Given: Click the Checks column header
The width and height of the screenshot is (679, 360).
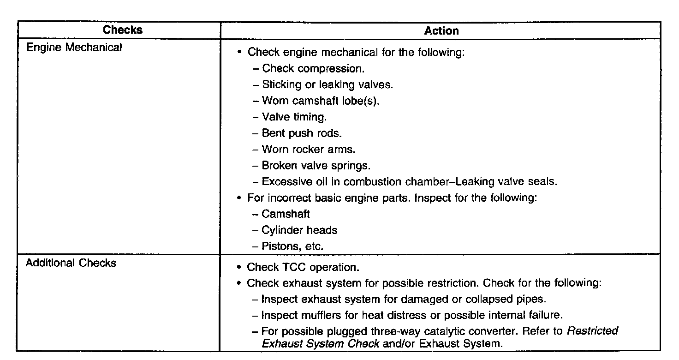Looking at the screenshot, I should point(123,30).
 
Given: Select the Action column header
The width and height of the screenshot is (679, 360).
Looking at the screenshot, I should point(441,31).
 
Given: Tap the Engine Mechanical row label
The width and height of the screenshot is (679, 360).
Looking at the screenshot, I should point(74,48).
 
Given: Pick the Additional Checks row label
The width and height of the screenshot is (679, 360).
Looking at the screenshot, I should point(71,264).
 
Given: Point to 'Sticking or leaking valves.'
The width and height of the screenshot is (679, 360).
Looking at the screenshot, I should point(327,84).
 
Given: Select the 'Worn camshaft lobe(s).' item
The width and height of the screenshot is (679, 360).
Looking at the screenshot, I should point(320,101).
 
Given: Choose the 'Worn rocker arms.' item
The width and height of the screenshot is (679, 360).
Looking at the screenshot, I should point(309,149).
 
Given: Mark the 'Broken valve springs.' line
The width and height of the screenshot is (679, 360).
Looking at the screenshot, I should point(316,165).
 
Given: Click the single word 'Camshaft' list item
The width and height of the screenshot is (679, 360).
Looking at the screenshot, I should point(286,214).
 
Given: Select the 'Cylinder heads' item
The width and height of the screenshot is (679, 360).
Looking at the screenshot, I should point(299,230).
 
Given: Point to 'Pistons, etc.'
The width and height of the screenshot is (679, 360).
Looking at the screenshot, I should point(292,246).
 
